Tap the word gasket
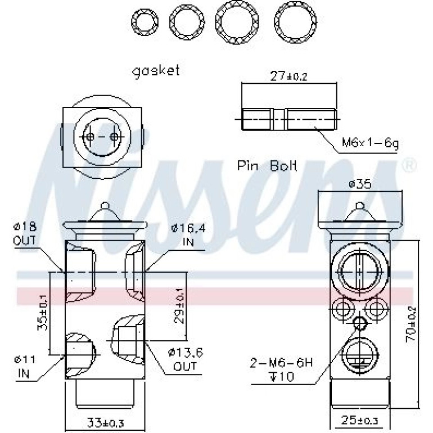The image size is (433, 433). pos(156,71)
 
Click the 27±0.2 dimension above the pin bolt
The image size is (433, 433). pos(288,76)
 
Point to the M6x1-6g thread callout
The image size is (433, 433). pos(370,143)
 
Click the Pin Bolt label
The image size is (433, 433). pos(267,166)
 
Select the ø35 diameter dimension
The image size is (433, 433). pos(360,184)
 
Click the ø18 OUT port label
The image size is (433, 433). pos(25,233)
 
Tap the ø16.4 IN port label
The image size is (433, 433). pos(188,235)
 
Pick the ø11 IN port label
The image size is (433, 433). pos(25,367)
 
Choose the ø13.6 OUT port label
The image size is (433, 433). pos(186,359)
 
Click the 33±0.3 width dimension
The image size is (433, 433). pos(105,422)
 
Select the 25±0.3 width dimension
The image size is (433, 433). pos(359,420)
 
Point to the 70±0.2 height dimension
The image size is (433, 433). pos(411,325)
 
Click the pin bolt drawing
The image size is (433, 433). pos(289,119)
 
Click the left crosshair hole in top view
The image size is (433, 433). pos(89,137)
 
